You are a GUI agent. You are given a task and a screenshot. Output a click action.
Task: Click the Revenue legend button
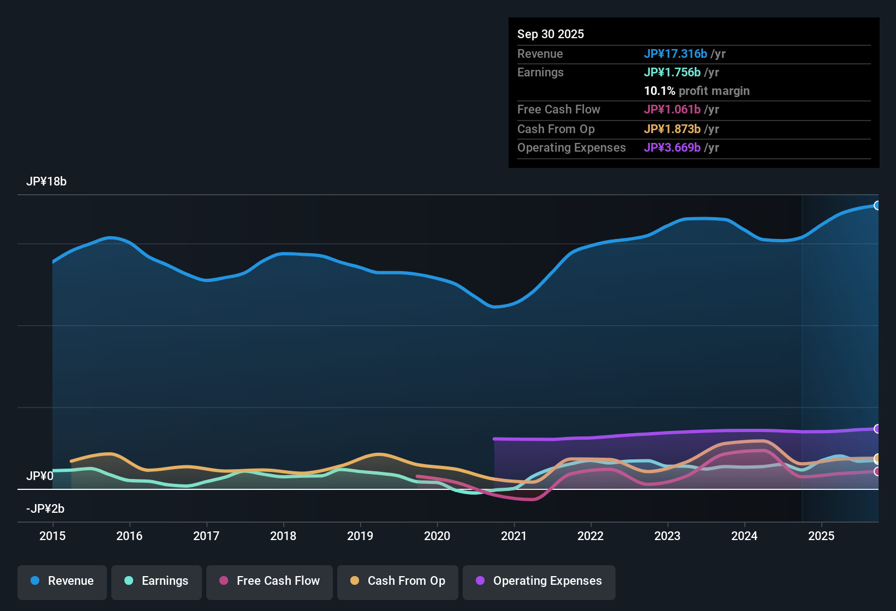coord(62,581)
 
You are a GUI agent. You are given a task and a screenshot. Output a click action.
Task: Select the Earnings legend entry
coord(157,581)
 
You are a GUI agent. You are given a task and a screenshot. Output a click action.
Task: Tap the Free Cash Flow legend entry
coord(270,581)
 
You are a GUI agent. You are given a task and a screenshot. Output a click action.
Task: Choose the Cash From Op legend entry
coord(398,581)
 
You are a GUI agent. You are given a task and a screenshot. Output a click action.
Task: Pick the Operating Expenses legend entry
coord(539,581)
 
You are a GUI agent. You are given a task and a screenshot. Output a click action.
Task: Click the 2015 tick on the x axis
coord(52,536)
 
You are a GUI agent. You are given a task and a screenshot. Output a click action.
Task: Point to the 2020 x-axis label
coord(437,536)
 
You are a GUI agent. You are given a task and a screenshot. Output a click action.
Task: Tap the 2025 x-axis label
coord(821,536)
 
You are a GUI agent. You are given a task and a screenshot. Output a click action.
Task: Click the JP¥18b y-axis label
coord(46,182)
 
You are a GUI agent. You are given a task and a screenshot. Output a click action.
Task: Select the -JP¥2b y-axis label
coord(45,509)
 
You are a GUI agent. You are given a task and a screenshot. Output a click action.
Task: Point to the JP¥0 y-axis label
coord(40,476)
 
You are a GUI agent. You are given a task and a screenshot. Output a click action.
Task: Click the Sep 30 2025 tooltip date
coord(551,34)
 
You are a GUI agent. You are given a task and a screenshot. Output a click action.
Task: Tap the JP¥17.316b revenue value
coord(676,54)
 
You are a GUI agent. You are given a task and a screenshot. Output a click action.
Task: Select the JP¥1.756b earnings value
coord(672,73)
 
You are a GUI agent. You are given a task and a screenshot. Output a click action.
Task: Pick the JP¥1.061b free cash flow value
coord(672,110)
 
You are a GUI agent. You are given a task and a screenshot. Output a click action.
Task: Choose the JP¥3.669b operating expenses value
coord(672,148)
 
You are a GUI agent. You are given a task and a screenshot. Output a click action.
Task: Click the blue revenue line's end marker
coord(877,206)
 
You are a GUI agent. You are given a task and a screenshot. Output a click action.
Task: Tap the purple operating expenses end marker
coord(877,429)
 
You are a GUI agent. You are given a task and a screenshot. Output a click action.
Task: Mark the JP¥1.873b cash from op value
coord(672,129)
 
